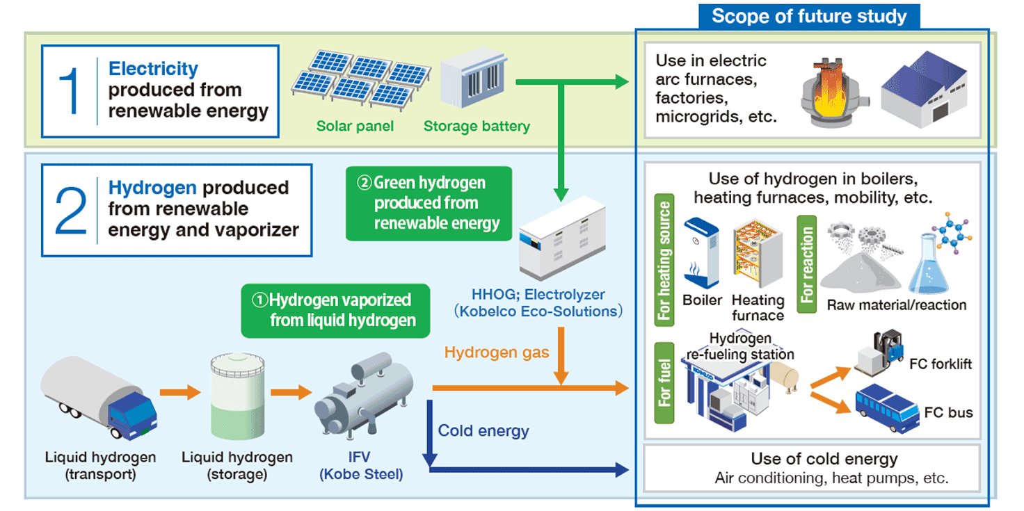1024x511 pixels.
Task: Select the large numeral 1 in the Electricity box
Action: pos(70,91)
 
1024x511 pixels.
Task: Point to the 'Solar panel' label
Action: pos(355,127)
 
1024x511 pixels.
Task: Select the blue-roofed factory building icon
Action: pos(922,90)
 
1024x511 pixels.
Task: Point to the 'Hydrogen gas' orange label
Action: pos(496,352)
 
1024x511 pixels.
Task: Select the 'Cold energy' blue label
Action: pos(483,431)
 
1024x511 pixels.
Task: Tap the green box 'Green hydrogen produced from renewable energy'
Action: pos(430,203)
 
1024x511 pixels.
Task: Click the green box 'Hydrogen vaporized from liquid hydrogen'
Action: pos(335,310)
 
